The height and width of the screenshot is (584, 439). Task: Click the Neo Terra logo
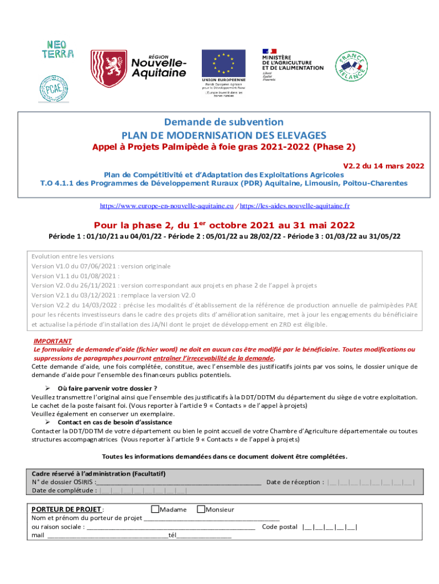point(58,49)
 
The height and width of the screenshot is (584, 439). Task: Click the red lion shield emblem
point(109,68)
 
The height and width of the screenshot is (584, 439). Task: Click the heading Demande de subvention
point(223,122)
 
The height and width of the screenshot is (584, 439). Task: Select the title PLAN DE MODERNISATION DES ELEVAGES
point(223,135)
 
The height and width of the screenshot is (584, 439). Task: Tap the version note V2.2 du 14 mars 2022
point(383,166)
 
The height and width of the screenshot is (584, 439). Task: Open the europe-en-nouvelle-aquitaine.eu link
point(167,204)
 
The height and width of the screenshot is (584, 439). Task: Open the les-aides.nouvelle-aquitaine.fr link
point(295,204)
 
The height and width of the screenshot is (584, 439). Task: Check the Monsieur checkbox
point(201,509)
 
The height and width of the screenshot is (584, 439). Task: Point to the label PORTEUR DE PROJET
point(67,509)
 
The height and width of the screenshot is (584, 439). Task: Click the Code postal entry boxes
point(330,527)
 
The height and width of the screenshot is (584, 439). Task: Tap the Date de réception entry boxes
point(371,482)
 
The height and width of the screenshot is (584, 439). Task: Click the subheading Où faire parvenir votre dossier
point(107,388)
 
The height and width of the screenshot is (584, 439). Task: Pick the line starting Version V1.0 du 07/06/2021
point(101,266)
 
